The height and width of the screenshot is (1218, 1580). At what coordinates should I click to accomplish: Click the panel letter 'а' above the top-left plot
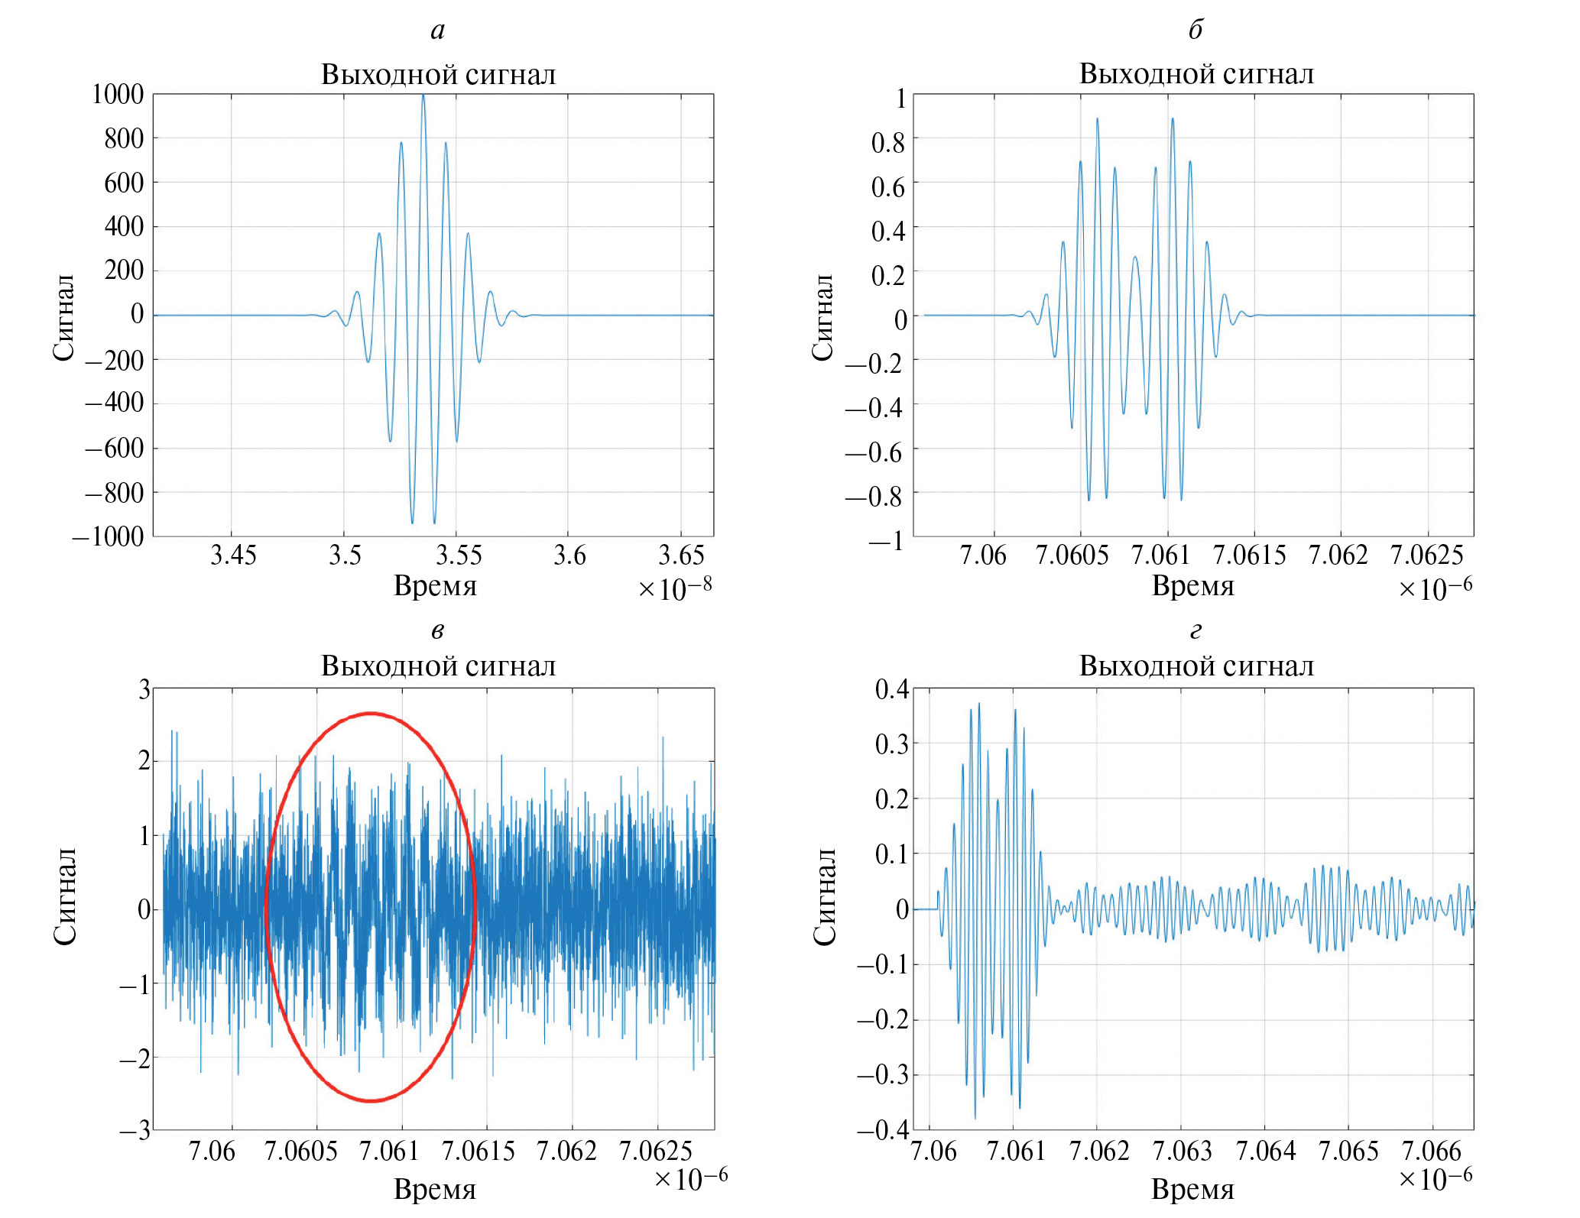click(x=437, y=31)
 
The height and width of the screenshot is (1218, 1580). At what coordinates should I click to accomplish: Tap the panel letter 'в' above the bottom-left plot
click(x=437, y=631)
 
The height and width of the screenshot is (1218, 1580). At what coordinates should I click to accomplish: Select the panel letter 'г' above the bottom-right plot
click(x=1196, y=631)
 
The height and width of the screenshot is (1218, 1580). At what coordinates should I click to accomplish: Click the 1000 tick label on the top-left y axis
click(x=118, y=95)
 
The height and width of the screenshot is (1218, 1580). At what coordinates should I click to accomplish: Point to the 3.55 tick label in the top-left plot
click(x=458, y=556)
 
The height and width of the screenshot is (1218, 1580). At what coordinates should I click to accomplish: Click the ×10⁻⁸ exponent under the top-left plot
click(x=675, y=588)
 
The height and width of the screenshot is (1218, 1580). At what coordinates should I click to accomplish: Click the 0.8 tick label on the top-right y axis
click(x=887, y=143)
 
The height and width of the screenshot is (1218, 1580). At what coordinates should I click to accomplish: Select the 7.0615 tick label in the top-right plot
click(x=1249, y=556)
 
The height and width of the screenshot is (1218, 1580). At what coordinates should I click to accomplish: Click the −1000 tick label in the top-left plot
click(x=108, y=537)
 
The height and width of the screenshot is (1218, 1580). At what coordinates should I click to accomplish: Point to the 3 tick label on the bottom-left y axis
click(x=144, y=689)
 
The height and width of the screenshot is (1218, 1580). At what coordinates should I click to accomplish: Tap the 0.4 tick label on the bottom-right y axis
click(x=892, y=689)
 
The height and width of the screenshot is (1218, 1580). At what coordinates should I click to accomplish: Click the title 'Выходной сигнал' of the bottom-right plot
click(x=1196, y=666)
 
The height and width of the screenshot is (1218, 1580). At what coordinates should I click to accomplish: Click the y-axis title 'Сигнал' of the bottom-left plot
click(x=65, y=896)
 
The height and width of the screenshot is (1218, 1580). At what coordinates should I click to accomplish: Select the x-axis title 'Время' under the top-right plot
click(x=1192, y=586)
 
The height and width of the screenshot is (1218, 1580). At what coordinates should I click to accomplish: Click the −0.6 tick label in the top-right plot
click(x=874, y=453)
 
